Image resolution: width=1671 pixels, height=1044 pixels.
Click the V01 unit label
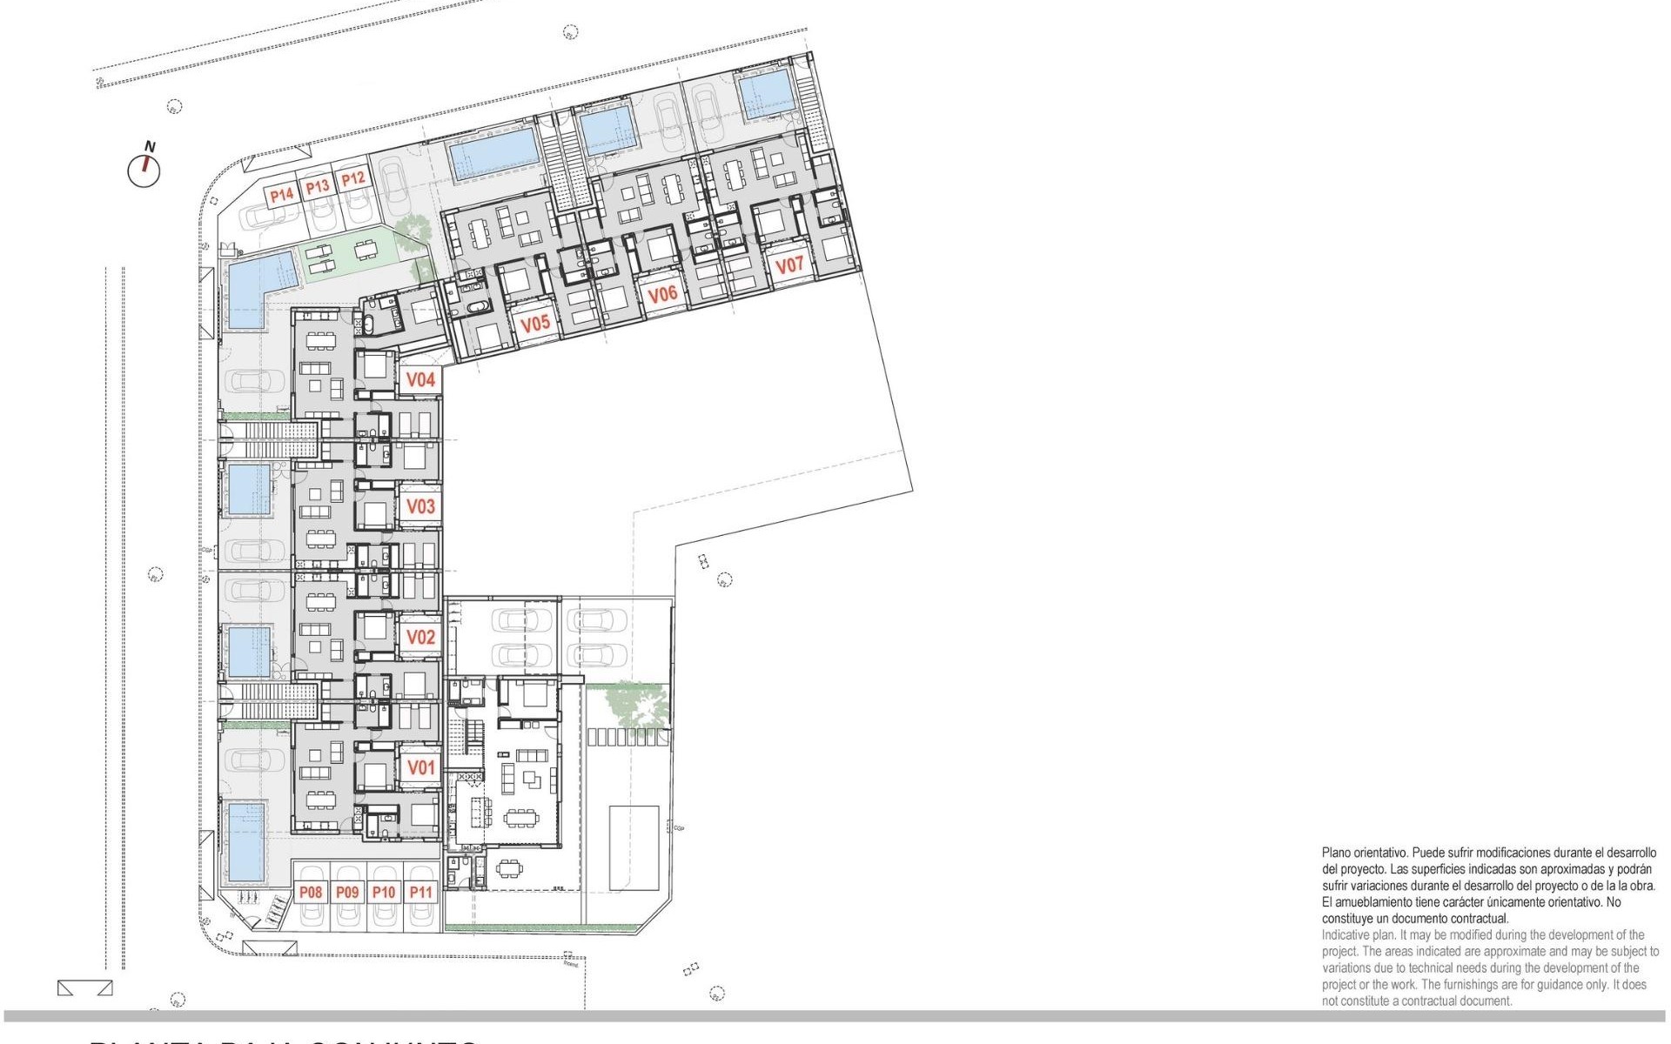pos(421,768)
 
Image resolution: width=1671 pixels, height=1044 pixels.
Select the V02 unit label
pos(421,637)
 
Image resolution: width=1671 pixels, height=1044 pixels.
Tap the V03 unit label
pos(421,506)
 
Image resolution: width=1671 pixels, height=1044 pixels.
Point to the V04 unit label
pos(421,379)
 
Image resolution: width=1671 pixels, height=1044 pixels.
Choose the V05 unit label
pos(535,324)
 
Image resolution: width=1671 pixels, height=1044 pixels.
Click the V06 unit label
pos(662,294)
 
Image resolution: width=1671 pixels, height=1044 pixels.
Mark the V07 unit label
pos(789,264)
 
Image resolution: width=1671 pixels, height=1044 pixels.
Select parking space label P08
pos(311,892)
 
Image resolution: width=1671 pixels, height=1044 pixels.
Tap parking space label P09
pos(347,892)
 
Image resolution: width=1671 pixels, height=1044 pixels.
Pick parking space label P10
pos(384,892)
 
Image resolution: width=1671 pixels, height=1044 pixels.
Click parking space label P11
pos(421,892)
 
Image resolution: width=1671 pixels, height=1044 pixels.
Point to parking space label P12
pos(352,179)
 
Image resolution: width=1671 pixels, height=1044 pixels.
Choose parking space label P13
pos(318,186)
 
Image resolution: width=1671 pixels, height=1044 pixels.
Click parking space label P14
pos(281,194)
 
